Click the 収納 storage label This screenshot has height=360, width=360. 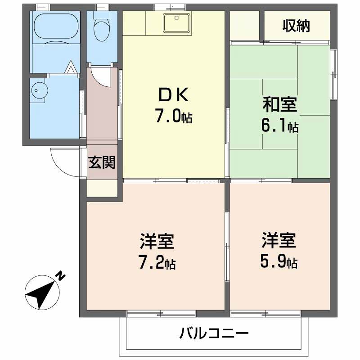[297, 27]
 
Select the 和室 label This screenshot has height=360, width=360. [280, 105]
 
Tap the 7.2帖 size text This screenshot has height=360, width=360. [157, 262]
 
